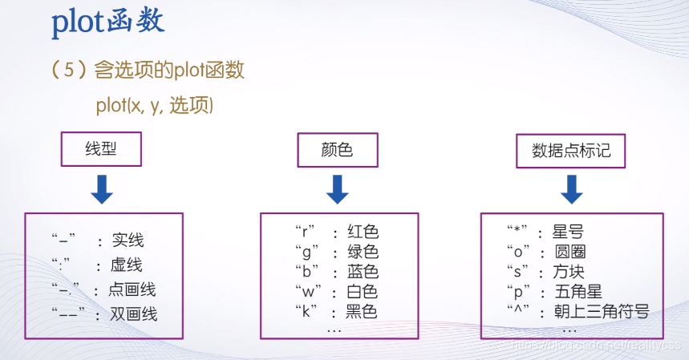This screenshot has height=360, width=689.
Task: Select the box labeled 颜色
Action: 337,150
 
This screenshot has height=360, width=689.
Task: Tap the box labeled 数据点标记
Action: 571,150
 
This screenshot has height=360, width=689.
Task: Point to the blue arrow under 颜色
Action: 337,188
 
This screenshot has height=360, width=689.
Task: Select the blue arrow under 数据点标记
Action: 571,188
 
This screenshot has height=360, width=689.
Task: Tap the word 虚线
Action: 127,265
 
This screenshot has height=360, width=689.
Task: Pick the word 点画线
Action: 133,289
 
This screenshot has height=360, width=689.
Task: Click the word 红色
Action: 363,233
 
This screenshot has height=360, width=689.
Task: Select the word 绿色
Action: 363,252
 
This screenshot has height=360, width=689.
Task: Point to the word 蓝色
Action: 363,272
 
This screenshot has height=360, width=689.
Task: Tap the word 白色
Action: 363,291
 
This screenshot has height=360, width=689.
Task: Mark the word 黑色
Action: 362,311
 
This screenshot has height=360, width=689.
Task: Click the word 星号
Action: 568,233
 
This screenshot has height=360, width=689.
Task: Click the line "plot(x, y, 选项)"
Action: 154,105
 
